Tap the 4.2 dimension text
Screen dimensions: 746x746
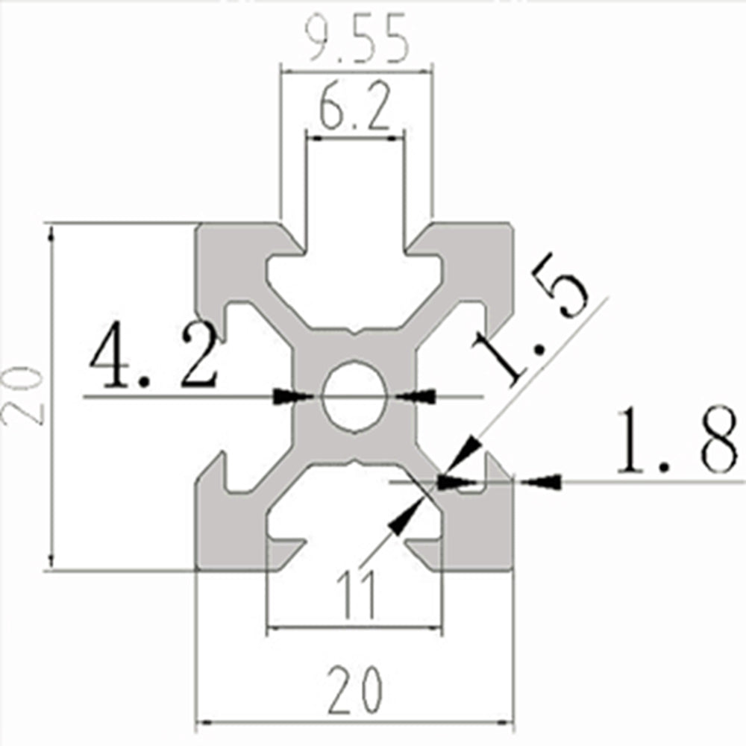click(153, 356)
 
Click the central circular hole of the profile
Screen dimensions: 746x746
click(355, 396)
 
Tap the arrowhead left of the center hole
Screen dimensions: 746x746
click(291, 397)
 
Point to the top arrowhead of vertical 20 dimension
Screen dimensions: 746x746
click(51, 233)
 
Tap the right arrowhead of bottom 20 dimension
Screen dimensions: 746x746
click(505, 723)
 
